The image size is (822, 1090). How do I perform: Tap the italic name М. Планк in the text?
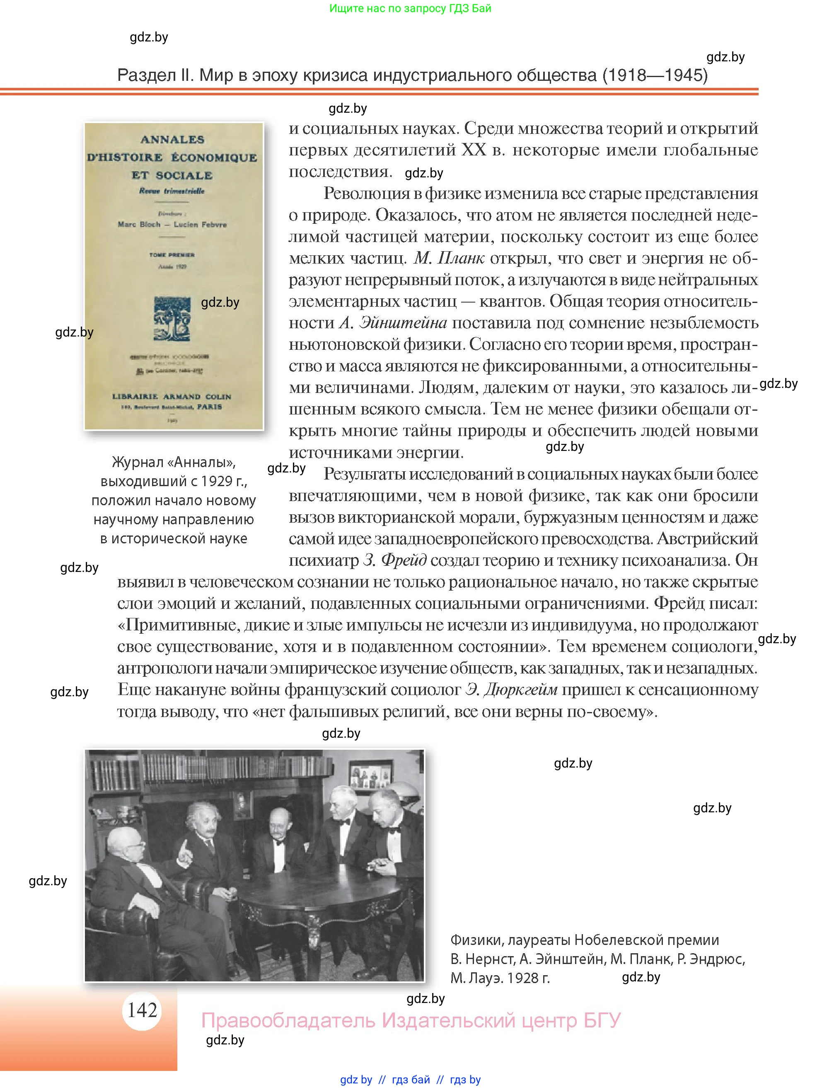[449, 258]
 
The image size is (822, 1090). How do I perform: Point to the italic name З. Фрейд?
[394, 560]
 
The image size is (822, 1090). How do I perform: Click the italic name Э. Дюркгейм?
[511, 689]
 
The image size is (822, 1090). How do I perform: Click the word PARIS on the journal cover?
[209, 407]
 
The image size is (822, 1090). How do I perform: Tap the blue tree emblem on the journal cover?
[172, 319]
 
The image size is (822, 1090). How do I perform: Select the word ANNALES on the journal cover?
[172, 139]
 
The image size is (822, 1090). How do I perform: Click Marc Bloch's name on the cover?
[139, 224]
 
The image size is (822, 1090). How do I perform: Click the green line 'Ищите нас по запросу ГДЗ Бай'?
[410, 8]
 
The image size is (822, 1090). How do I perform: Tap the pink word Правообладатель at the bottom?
[288, 1020]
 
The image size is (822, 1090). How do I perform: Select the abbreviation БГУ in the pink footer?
[602, 1020]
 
